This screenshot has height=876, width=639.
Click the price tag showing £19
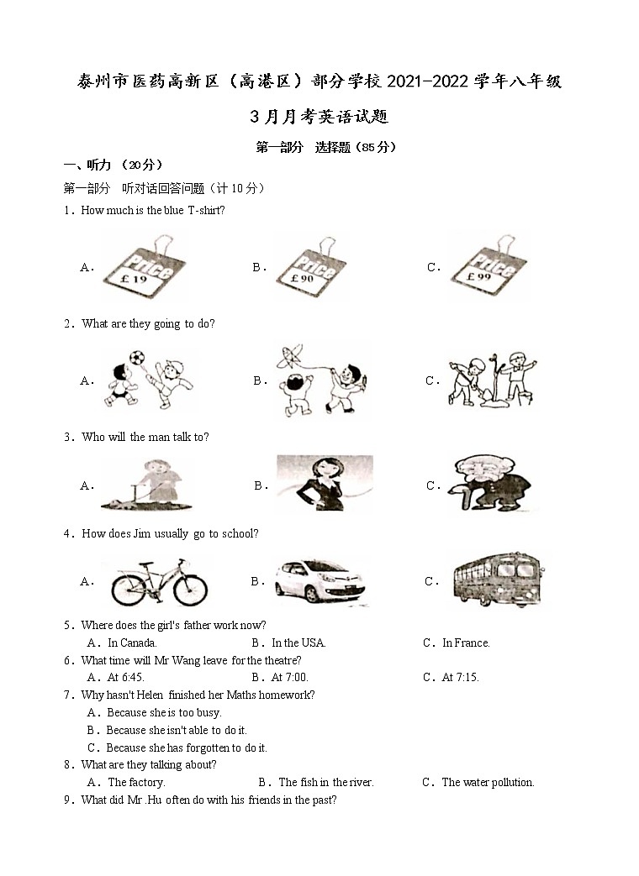tap(144, 269)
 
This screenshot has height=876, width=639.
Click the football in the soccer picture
tap(136, 358)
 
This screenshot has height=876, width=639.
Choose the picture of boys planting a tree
tap(493, 380)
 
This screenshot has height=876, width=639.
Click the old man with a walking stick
tap(492, 485)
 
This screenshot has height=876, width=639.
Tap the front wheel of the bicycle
tap(190, 590)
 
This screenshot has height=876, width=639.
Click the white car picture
tap(319, 581)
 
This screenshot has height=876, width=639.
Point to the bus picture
tap(496, 579)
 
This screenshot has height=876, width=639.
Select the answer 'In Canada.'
tap(132, 643)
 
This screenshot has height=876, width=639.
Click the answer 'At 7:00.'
tap(289, 678)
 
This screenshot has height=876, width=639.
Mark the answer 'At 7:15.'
tap(460, 678)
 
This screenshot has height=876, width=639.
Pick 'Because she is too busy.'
tap(163, 713)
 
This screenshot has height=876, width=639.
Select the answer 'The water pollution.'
tap(488, 783)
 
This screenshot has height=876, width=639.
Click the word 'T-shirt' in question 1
tap(205, 211)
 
